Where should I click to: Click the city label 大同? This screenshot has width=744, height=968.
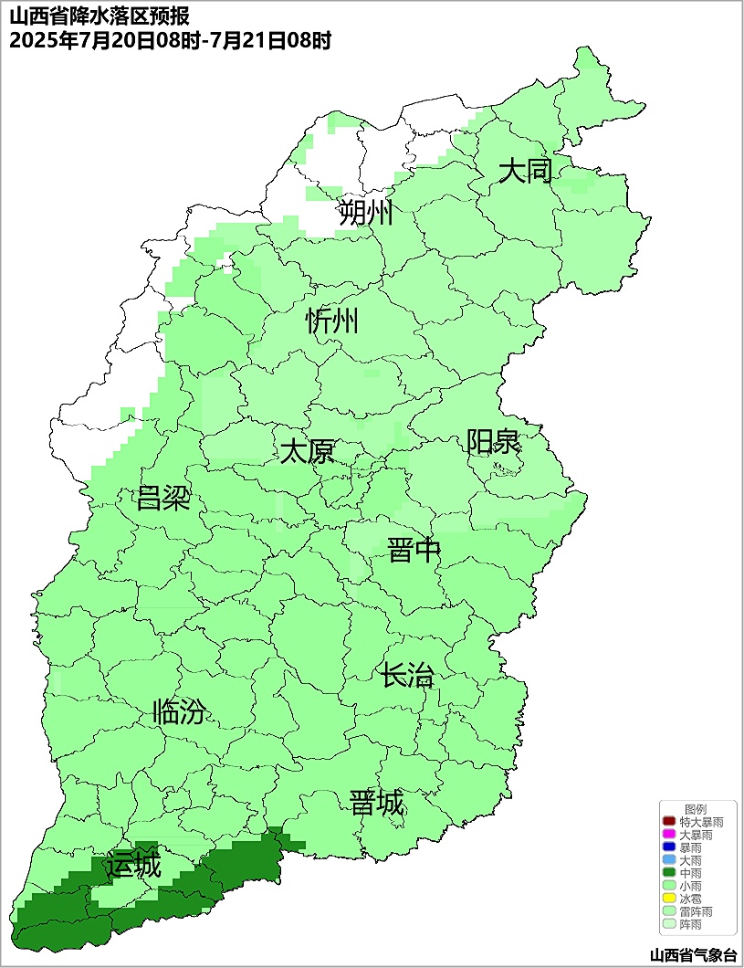[x=525, y=171]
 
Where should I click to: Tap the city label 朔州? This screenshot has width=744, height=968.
[x=365, y=213]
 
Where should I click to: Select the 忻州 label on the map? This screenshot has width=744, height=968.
[x=332, y=321]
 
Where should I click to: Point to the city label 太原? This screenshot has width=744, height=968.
[x=307, y=452]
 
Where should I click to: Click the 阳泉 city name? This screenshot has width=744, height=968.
[x=493, y=442]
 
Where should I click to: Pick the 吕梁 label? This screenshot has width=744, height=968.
[x=162, y=498]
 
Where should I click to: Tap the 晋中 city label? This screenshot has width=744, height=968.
[x=414, y=551]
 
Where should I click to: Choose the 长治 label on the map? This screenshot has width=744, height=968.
[x=407, y=677]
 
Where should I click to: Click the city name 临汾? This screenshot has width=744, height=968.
[x=179, y=711]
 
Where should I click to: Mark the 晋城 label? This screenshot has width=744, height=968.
[x=376, y=804]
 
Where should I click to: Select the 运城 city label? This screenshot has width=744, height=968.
[x=132, y=865]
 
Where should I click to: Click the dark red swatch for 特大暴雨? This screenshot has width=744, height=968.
[x=668, y=823]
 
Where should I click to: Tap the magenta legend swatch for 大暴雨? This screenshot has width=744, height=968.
[x=668, y=836]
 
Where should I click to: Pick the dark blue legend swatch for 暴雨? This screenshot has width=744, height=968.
[x=668, y=848]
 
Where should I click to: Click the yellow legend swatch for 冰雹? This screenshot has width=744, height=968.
[x=668, y=900]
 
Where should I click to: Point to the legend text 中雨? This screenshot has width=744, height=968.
[x=690, y=874]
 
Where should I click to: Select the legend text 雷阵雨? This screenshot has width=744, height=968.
[x=696, y=912]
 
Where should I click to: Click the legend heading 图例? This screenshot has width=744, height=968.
[x=696, y=810]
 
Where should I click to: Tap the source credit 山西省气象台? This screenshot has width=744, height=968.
[x=692, y=955]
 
